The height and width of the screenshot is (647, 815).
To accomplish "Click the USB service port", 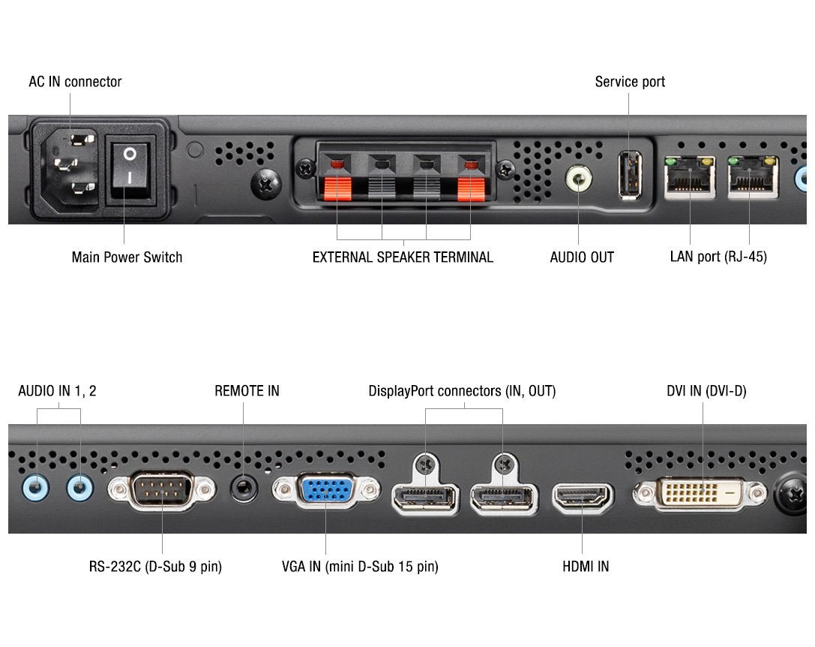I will [630, 175].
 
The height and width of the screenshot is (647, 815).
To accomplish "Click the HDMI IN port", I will [583, 497].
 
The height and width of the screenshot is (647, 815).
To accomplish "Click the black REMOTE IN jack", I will [243, 487].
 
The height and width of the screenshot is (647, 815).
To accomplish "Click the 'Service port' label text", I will [630, 82].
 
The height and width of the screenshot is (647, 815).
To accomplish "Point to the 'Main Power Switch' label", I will [127, 257].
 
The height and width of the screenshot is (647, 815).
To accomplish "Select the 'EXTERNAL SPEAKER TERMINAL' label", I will [403, 257].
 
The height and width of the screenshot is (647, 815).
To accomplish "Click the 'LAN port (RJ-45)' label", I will [718, 257].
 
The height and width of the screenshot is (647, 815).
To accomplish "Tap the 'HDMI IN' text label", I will [586, 567].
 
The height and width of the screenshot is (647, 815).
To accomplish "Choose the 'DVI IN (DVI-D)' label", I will [706, 391].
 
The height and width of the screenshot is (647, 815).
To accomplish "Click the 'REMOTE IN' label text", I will [247, 391].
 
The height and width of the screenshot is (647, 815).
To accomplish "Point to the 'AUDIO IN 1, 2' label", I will [57, 391].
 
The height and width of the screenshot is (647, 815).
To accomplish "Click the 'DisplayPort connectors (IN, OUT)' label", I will [462, 391].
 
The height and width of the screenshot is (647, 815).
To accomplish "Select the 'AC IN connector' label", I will [75, 82].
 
